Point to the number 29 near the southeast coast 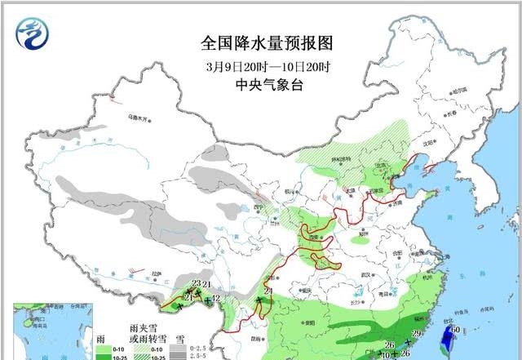click(x=416, y=335)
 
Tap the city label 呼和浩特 click(x=334, y=160)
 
